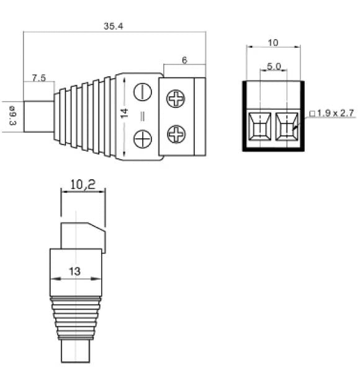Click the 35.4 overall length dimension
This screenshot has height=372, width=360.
click(x=114, y=26)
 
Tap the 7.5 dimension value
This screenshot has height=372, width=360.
click(x=38, y=77)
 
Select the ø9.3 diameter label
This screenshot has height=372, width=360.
click(x=12, y=115)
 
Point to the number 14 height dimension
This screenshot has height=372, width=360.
click(x=124, y=113)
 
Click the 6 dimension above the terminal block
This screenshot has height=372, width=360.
click(x=184, y=60)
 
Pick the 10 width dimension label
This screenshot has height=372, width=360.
click(x=273, y=43)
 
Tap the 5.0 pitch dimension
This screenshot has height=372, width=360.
click(x=274, y=66)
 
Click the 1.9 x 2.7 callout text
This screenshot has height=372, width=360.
click(x=335, y=113)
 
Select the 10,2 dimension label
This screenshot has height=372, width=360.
click(x=83, y=184)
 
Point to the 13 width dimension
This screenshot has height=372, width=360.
click(x=74, y=272)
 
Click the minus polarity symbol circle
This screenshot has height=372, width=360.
click(x=143, y=92)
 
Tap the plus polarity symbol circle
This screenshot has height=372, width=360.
click(x=143, y=139)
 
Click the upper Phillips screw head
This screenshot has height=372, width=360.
click(x=176, y=99)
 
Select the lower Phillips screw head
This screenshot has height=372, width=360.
click(x=176, y=135)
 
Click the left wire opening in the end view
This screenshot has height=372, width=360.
click(x=259, y=126)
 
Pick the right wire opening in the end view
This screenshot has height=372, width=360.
click(x=287, y=126)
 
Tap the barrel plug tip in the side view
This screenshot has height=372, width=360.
click(x=38, y=117)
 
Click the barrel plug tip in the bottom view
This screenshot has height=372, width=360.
click(x=76, y=351)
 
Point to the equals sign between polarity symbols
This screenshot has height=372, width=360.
click(x=143, y=117)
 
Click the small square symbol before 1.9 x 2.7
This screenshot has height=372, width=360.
click(x=312, y=114)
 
